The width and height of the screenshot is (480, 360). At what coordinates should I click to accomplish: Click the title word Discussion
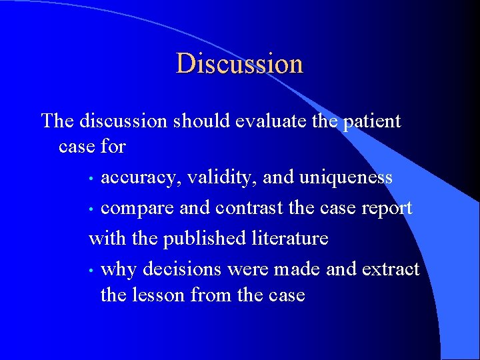239,63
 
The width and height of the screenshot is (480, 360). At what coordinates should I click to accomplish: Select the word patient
371,121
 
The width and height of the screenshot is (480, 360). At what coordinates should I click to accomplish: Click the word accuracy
141,179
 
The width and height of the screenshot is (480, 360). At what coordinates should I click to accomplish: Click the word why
117,269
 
